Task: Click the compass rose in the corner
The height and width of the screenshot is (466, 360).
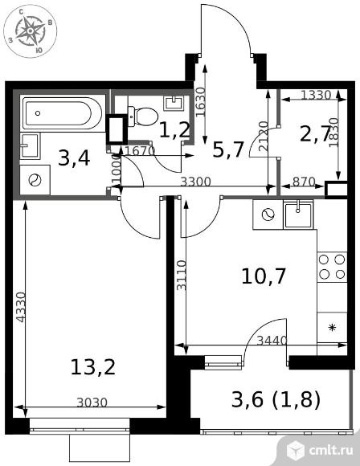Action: point(30,31)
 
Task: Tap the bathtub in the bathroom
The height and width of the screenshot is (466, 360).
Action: point(63,113)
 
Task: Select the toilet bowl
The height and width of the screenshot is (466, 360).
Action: point(143,116)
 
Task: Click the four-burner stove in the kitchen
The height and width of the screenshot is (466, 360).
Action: point(332,267)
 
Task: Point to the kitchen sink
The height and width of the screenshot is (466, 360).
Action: point(298,214)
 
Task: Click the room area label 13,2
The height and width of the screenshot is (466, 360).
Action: point(92,367)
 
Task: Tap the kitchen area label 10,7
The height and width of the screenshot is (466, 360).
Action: point(264,276)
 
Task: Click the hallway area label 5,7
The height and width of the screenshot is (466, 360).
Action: point(228,150)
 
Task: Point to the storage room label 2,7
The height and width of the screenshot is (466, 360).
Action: point(315,134)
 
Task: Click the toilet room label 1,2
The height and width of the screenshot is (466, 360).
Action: point(175,130)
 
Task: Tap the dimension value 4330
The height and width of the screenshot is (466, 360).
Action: point(21,307)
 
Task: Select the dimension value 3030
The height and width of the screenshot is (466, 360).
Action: point(92,403)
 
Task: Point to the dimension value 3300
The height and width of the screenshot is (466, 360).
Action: point(195,182)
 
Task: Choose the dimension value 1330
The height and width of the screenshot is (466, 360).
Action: point(316,96)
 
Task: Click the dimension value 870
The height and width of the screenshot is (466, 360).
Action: point(304,182)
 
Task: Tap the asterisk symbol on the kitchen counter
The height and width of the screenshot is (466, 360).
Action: point(331,328)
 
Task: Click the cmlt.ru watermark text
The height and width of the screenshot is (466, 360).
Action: point(331,451)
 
